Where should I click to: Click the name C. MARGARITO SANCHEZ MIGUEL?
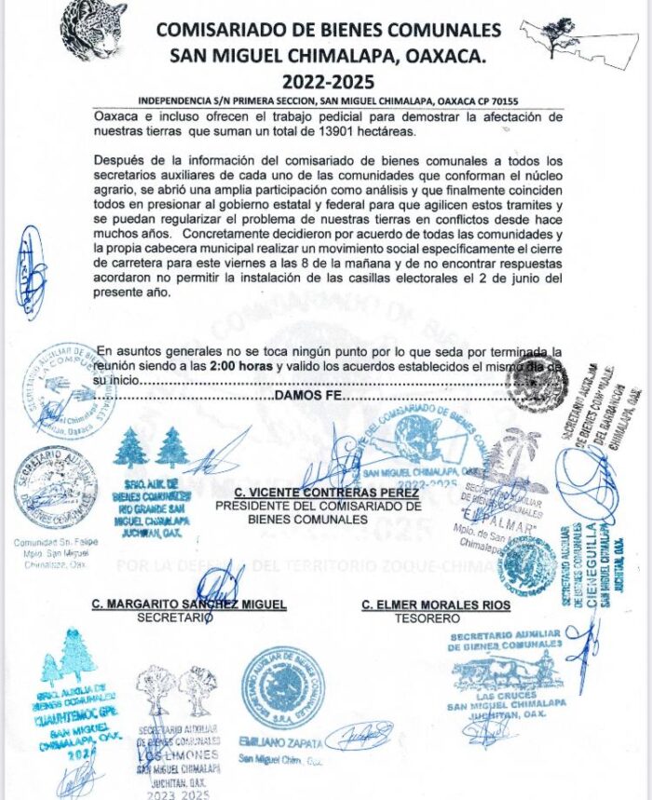pos(188,604)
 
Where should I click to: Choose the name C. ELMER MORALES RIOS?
pos(436,605)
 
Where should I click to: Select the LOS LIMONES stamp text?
pos(177,753)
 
